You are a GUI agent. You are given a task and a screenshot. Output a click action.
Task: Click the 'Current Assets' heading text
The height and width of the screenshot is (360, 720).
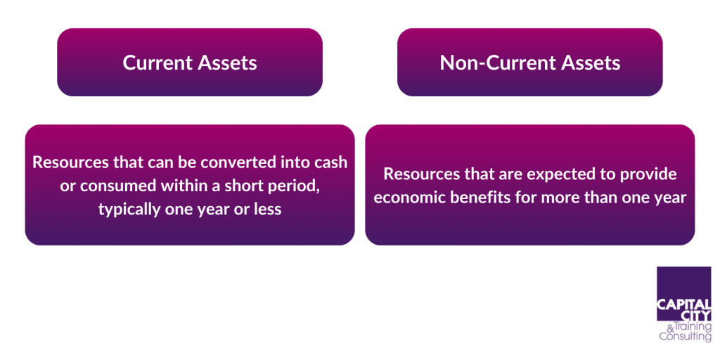[190, 63]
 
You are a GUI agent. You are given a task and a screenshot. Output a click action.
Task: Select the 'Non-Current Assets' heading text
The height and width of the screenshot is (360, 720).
[530, 63]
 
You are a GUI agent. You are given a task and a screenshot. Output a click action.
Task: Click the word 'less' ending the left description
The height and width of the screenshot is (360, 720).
[268, 210]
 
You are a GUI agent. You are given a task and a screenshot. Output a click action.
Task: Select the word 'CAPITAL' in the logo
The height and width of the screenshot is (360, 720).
[683, 304]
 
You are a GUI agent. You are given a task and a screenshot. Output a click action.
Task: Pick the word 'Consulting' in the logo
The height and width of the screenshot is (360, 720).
[685, 337]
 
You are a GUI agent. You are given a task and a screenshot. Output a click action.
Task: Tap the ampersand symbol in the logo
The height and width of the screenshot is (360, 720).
[669, 328]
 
